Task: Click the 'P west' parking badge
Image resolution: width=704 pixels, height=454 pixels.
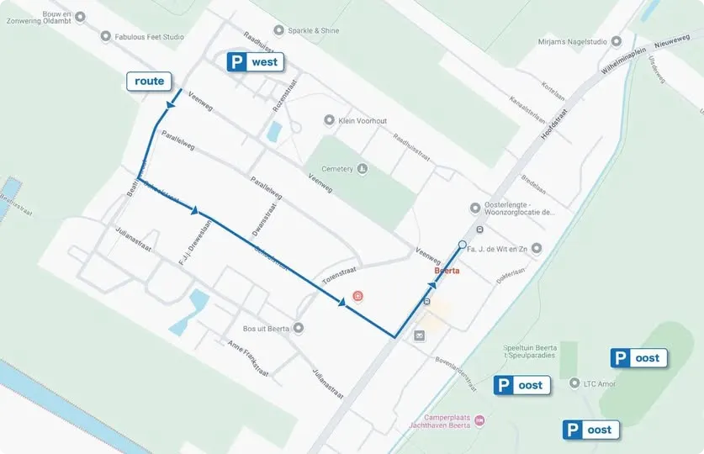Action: point(255,61)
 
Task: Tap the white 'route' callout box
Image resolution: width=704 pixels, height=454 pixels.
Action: point(150,81)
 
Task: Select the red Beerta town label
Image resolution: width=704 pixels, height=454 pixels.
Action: point(447,272)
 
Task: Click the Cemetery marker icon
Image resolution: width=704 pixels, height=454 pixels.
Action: point(363,169)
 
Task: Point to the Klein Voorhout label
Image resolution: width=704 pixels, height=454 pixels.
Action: point(363,121)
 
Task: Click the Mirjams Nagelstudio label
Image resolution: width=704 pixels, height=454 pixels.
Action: point(569,41)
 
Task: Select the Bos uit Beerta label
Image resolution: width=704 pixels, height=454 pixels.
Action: point(265,328)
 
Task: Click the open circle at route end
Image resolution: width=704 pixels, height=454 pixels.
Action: point(462,245)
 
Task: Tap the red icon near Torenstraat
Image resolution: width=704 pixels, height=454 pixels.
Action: point(358,296)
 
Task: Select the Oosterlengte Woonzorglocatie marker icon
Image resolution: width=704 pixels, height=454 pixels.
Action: point(476,208)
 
